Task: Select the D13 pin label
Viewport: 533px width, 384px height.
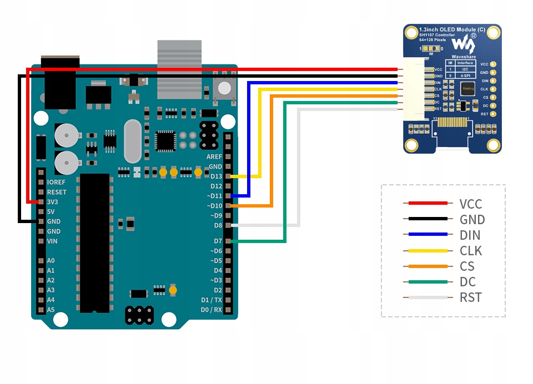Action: (215, 176)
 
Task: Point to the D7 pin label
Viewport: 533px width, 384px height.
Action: (217, 241)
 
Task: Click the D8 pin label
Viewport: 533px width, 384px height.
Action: (217, 225)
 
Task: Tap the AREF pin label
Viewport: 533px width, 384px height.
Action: (214, 157)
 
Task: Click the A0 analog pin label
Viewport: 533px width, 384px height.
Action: (51, 260)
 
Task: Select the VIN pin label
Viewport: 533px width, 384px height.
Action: (53, 241)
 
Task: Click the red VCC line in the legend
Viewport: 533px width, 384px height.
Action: (427, 204)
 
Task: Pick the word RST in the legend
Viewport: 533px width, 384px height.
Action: (470, 297)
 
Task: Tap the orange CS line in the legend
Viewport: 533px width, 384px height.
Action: (427, 266)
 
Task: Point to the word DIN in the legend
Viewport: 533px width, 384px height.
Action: (470, 235)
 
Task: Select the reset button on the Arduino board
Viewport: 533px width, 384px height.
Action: (224, 87)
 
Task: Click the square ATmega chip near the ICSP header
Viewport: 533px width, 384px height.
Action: (165, 141)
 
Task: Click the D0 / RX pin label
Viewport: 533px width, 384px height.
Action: (211, 310)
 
